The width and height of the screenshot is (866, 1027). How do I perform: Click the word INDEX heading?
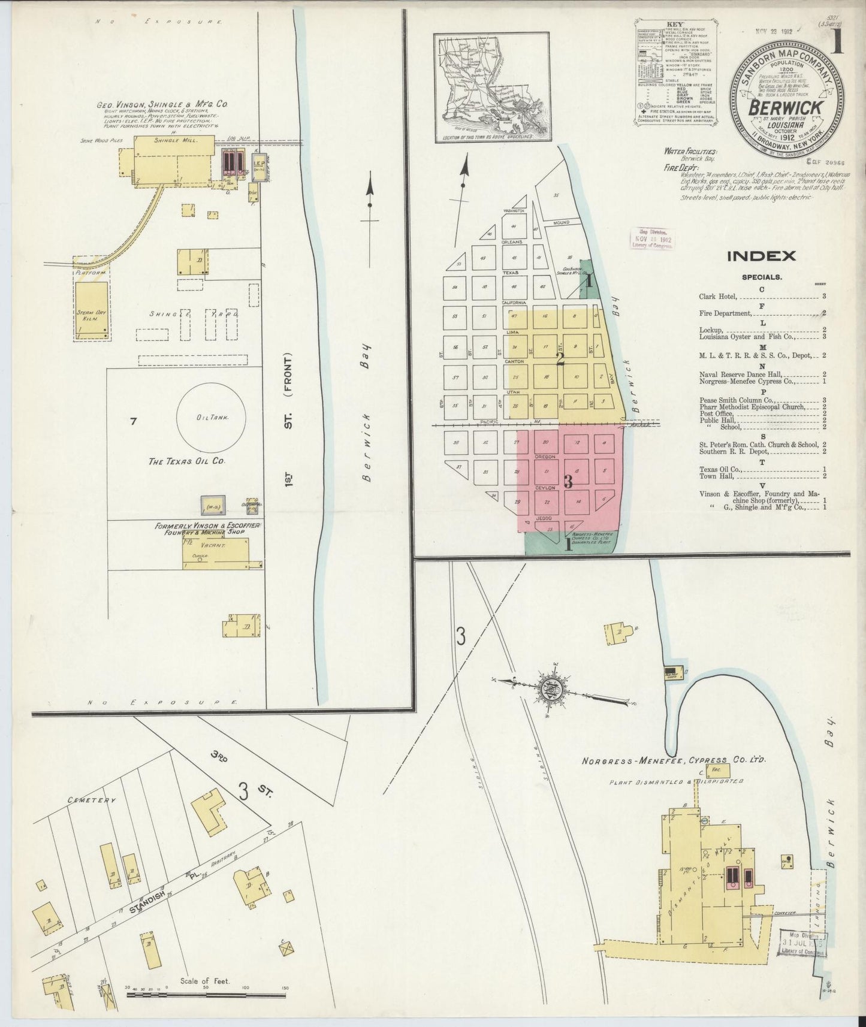[x=761, y=256]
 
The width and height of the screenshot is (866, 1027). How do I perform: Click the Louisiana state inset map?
[x=492, y=87]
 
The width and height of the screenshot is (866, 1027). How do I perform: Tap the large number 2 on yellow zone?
[x=561, y=360]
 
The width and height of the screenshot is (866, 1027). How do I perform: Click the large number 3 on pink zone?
[x=568, y=481]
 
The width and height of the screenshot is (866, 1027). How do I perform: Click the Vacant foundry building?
[x=215, y=550]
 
